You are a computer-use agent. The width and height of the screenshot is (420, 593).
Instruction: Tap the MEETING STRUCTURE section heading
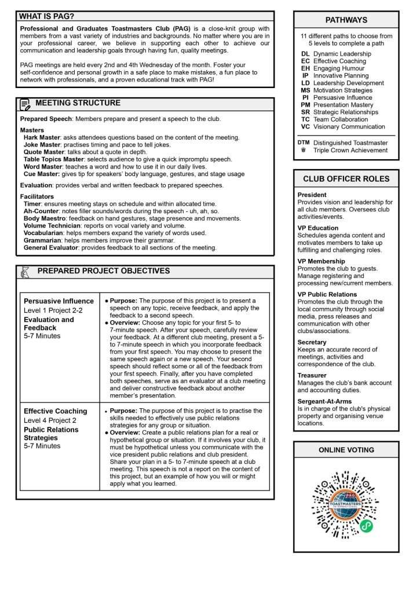78,103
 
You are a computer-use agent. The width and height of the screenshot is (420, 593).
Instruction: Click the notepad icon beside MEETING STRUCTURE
25,104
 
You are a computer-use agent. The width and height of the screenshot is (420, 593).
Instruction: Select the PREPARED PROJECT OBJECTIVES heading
103,271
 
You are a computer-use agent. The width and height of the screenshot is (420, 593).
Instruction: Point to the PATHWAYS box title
346,20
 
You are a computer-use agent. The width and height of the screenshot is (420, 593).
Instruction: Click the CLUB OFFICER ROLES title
346,178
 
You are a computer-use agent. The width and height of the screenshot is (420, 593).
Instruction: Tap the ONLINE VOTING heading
346,450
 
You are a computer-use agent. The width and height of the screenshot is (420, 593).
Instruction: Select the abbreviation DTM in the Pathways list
304,142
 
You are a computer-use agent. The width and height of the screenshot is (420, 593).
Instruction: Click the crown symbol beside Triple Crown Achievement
304,151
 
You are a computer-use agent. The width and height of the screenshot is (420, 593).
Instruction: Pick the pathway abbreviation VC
305,127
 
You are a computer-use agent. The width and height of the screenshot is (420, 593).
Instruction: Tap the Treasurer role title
312,375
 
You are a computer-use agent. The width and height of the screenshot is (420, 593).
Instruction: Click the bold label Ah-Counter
41,211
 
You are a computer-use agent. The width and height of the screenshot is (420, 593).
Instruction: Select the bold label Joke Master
42,145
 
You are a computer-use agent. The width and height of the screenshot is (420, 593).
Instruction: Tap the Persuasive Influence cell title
59,301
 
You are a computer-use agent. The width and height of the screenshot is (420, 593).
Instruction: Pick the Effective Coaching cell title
55,411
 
